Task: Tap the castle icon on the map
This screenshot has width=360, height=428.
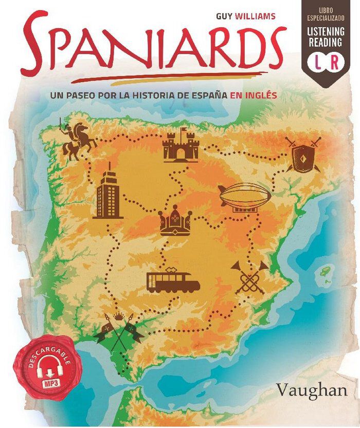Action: [179, 145]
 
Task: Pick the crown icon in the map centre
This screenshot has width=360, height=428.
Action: [175, 222]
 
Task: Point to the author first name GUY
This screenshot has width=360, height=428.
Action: [223, 16]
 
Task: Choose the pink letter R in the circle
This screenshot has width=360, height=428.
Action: [335, 64]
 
